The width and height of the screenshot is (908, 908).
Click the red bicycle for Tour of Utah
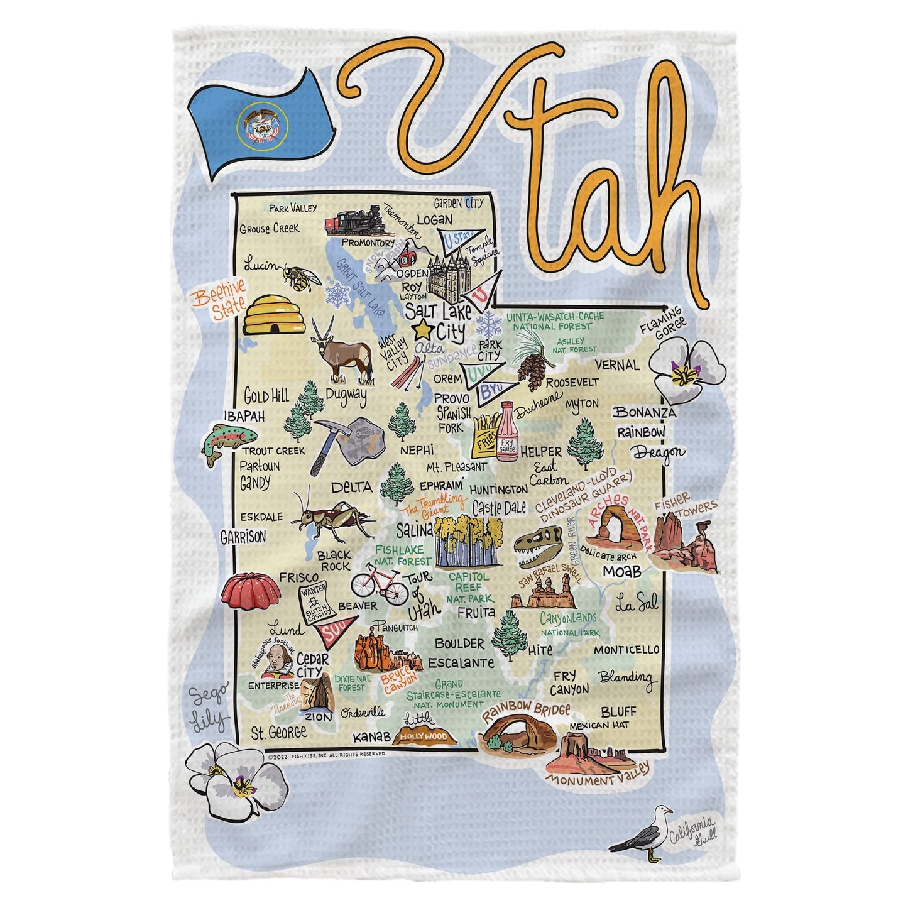[380, 583]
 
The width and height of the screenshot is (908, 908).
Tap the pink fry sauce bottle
[507, 434]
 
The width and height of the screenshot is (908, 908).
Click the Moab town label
[622, 571]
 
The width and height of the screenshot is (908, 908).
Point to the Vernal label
[616, 365]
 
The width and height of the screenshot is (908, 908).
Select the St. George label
[279, 732]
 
